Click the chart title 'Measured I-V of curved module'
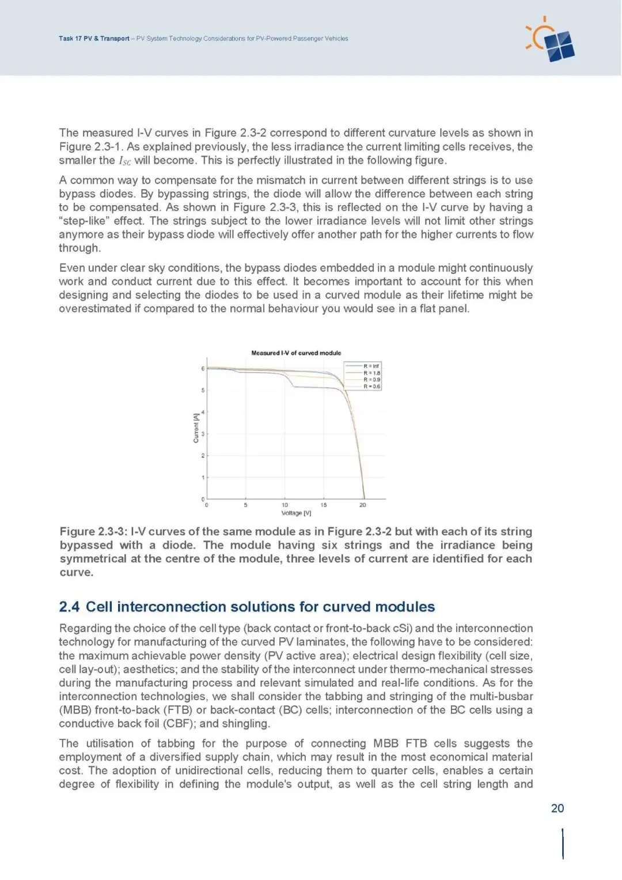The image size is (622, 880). click(296, 353)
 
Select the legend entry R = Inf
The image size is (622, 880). click(371, 366)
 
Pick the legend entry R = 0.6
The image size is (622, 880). click(371, 387)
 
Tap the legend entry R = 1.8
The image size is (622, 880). click(371, 373)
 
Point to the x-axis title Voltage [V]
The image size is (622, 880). click(296, 513)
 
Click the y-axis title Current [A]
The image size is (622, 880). click(196, 428)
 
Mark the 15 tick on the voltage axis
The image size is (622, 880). click(324, 505)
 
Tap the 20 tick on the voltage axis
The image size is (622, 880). click(362, 505)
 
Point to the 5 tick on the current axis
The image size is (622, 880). click(203, 390)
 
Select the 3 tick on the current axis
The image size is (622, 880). click(203, 434)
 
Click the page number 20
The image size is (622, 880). click(557, 808)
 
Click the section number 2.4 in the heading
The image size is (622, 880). click(69, 607)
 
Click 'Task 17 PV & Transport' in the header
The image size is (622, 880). click(94, 39)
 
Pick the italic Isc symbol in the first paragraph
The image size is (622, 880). click(124, 161)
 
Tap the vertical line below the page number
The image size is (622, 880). click(563, 844)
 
